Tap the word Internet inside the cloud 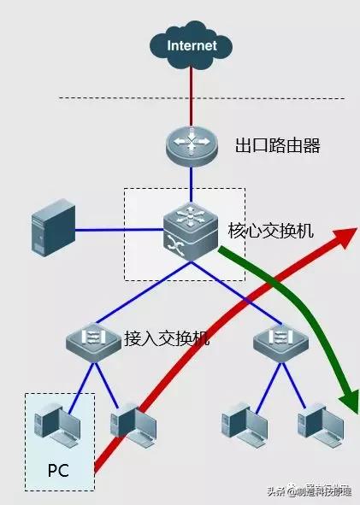point(192,45)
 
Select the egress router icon point(192,143)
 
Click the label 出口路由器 point(277,145)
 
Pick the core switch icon point(192,230)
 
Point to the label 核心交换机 point(271,231)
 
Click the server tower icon point(50,229)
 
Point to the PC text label point(57,470)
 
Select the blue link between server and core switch point(120,230)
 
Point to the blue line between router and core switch point(192,184)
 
